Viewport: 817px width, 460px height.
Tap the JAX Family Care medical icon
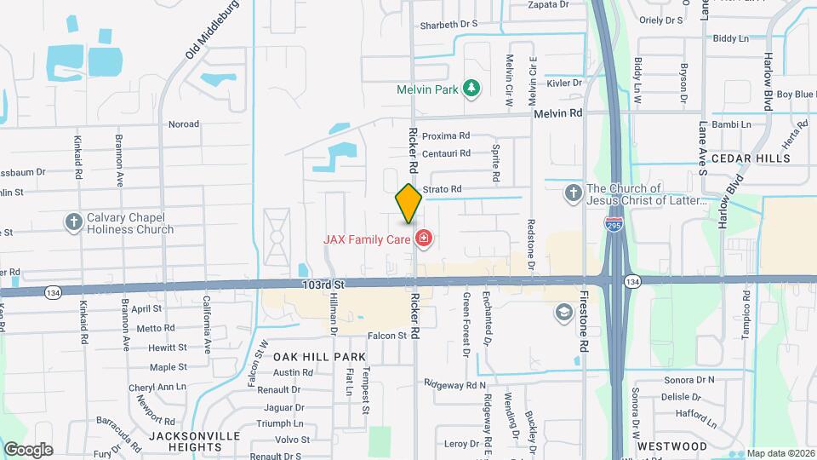pyautogui.click(x=424, y=239)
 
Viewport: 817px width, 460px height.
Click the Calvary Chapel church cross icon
pyautogui.click(x=74, y=221)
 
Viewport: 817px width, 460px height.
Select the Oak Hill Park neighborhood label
pyautogui.click(x=319, y=357)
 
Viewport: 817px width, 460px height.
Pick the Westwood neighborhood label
pyautogui.click(x=671, y=446)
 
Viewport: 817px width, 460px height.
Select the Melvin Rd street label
pyautogui.click(x=557, y=112)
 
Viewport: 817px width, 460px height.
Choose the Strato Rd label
pyautogui.click(x=443, y=189)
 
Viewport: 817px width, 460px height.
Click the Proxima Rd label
pyautogui.click(x=446, y=135)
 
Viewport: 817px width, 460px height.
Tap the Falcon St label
pyautogui.click(x=387, y=336)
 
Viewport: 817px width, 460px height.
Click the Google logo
pyautogui.click(x=29, y=449)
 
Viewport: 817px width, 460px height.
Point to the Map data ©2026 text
pyautogui.click(x=779, y=453)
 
